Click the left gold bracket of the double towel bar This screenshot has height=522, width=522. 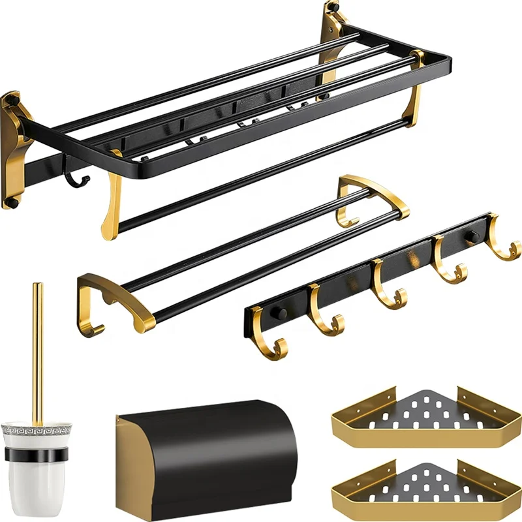tap(104, 300)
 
